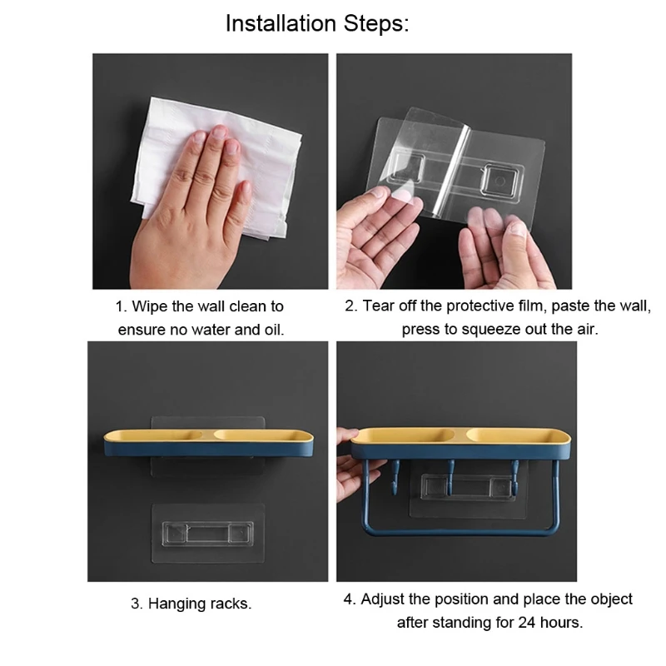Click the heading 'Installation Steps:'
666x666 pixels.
point(317,23)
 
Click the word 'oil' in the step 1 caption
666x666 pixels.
point(271,329)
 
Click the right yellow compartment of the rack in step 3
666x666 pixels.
point(250,434)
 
